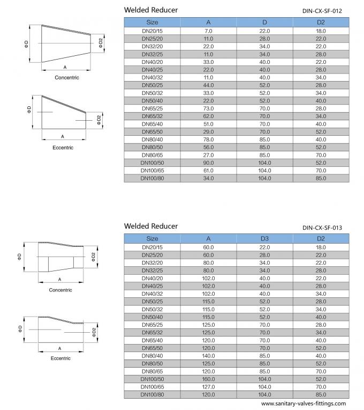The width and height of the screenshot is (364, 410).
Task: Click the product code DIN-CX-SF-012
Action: point(322,11)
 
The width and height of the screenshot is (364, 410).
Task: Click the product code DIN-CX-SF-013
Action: point(322,228)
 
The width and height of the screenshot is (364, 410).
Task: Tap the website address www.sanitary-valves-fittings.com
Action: point(304,404)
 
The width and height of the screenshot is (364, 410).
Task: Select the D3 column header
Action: point(264,238)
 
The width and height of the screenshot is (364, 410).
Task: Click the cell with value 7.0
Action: point(208,31)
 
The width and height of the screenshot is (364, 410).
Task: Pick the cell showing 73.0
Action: point(208,108)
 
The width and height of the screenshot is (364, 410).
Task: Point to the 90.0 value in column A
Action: point(208,163)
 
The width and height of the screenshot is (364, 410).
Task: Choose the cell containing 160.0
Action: point(208,379)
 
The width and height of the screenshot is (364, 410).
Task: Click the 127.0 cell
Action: point(208,387)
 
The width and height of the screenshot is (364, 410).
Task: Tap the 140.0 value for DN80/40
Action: point(208,356)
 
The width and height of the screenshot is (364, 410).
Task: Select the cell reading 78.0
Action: point(208,140)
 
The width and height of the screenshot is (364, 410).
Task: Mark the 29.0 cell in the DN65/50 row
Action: point(208,132)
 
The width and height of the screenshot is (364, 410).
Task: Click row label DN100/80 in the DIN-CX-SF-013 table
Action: point(152,394)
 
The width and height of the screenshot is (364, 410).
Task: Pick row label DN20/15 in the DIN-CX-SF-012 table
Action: point(152,31)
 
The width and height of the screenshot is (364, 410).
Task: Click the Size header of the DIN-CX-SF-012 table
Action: point(152,22)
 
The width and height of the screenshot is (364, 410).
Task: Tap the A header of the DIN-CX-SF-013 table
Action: point(208,238)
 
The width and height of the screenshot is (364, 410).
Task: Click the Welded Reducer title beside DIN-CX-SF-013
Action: point(151,226)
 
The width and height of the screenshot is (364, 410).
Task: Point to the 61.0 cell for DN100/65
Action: point(208,171)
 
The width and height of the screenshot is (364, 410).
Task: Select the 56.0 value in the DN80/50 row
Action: point(208,147)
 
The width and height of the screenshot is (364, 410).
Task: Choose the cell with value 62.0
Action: point(208,116)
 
